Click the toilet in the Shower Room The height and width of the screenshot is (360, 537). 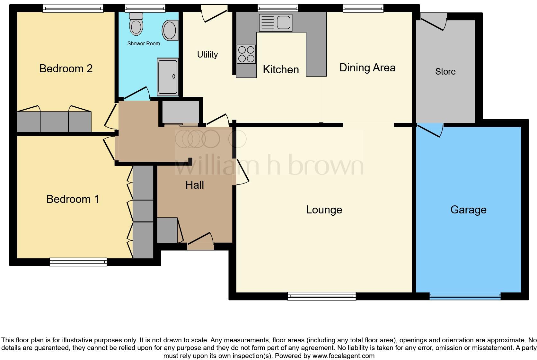[x=136, y=24]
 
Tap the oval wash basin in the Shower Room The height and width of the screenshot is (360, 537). [x=170, y=30]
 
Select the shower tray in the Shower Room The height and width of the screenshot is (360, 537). [x=168, y=77]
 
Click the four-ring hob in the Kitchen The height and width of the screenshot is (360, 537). [x=246, y=54]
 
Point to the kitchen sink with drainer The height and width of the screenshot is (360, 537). [x=275, y=22]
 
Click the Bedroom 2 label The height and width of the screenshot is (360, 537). [x=66, y=68]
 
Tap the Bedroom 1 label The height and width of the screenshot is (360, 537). [x=73, y=199]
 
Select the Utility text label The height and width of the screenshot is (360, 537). [x=207, y=55]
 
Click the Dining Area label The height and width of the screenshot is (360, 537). [x=367, y=68]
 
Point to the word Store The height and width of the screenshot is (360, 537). [x=445, y=71]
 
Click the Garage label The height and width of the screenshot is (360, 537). [x=468, y=210]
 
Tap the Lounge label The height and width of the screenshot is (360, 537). [x=324, y=210]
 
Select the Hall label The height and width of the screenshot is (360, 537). [x=195, y=185]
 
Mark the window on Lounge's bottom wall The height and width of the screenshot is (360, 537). [x=322, y=296]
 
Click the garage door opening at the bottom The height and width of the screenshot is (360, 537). [x=465, y=296]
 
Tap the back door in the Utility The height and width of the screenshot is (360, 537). [x=214, y=13]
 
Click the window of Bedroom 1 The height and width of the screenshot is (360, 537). [x=78, y=262]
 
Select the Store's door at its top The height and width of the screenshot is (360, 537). [x=433, y=22]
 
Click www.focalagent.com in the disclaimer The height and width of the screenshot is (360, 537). [x=343, y=356]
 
